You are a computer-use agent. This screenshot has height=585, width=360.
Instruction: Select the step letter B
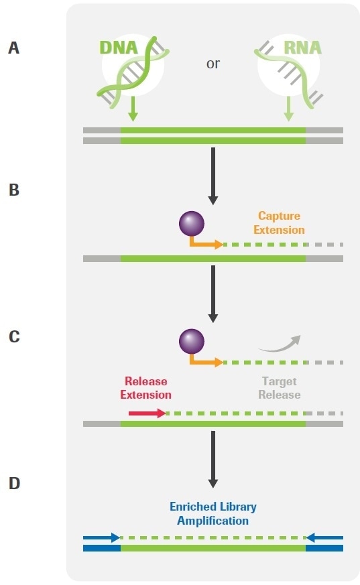(14, 190)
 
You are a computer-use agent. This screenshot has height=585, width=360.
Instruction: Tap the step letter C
(14, 336)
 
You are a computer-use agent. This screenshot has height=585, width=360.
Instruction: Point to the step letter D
(14, 482)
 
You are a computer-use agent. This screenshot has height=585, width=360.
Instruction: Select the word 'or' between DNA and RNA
(213, 64)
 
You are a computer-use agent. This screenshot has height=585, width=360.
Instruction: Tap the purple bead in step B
(191, 222)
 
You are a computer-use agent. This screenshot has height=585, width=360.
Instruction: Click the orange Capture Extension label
(279, 223)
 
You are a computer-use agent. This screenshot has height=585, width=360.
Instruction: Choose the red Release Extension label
(145, 389)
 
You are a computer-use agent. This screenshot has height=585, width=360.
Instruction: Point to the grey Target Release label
(279, 389)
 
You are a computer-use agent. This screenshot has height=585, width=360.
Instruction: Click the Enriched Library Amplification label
(213, 513)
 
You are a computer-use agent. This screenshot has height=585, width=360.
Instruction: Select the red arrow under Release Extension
(147, 413)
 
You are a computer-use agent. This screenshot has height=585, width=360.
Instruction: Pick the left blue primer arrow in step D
(101, 537)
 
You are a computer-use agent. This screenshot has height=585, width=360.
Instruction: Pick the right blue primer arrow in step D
(324, 537)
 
